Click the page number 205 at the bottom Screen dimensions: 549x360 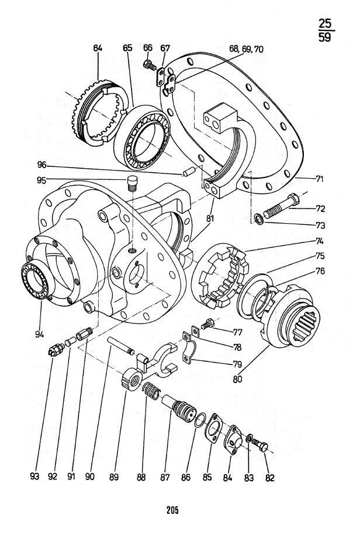172,510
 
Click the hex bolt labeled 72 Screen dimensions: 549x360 281,204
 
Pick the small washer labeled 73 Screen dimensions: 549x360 258,220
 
